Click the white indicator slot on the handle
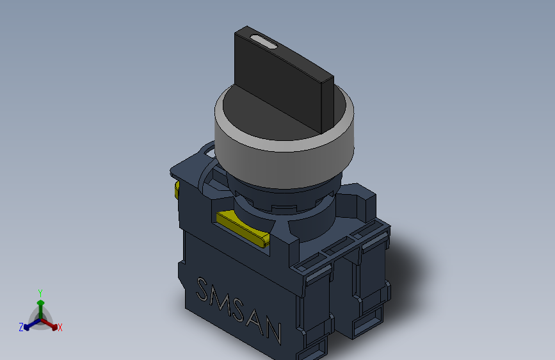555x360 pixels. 263,42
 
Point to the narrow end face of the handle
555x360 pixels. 327,104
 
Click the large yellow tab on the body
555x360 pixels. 243,227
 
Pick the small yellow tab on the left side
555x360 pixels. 177,189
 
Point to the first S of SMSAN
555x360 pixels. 202,289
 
